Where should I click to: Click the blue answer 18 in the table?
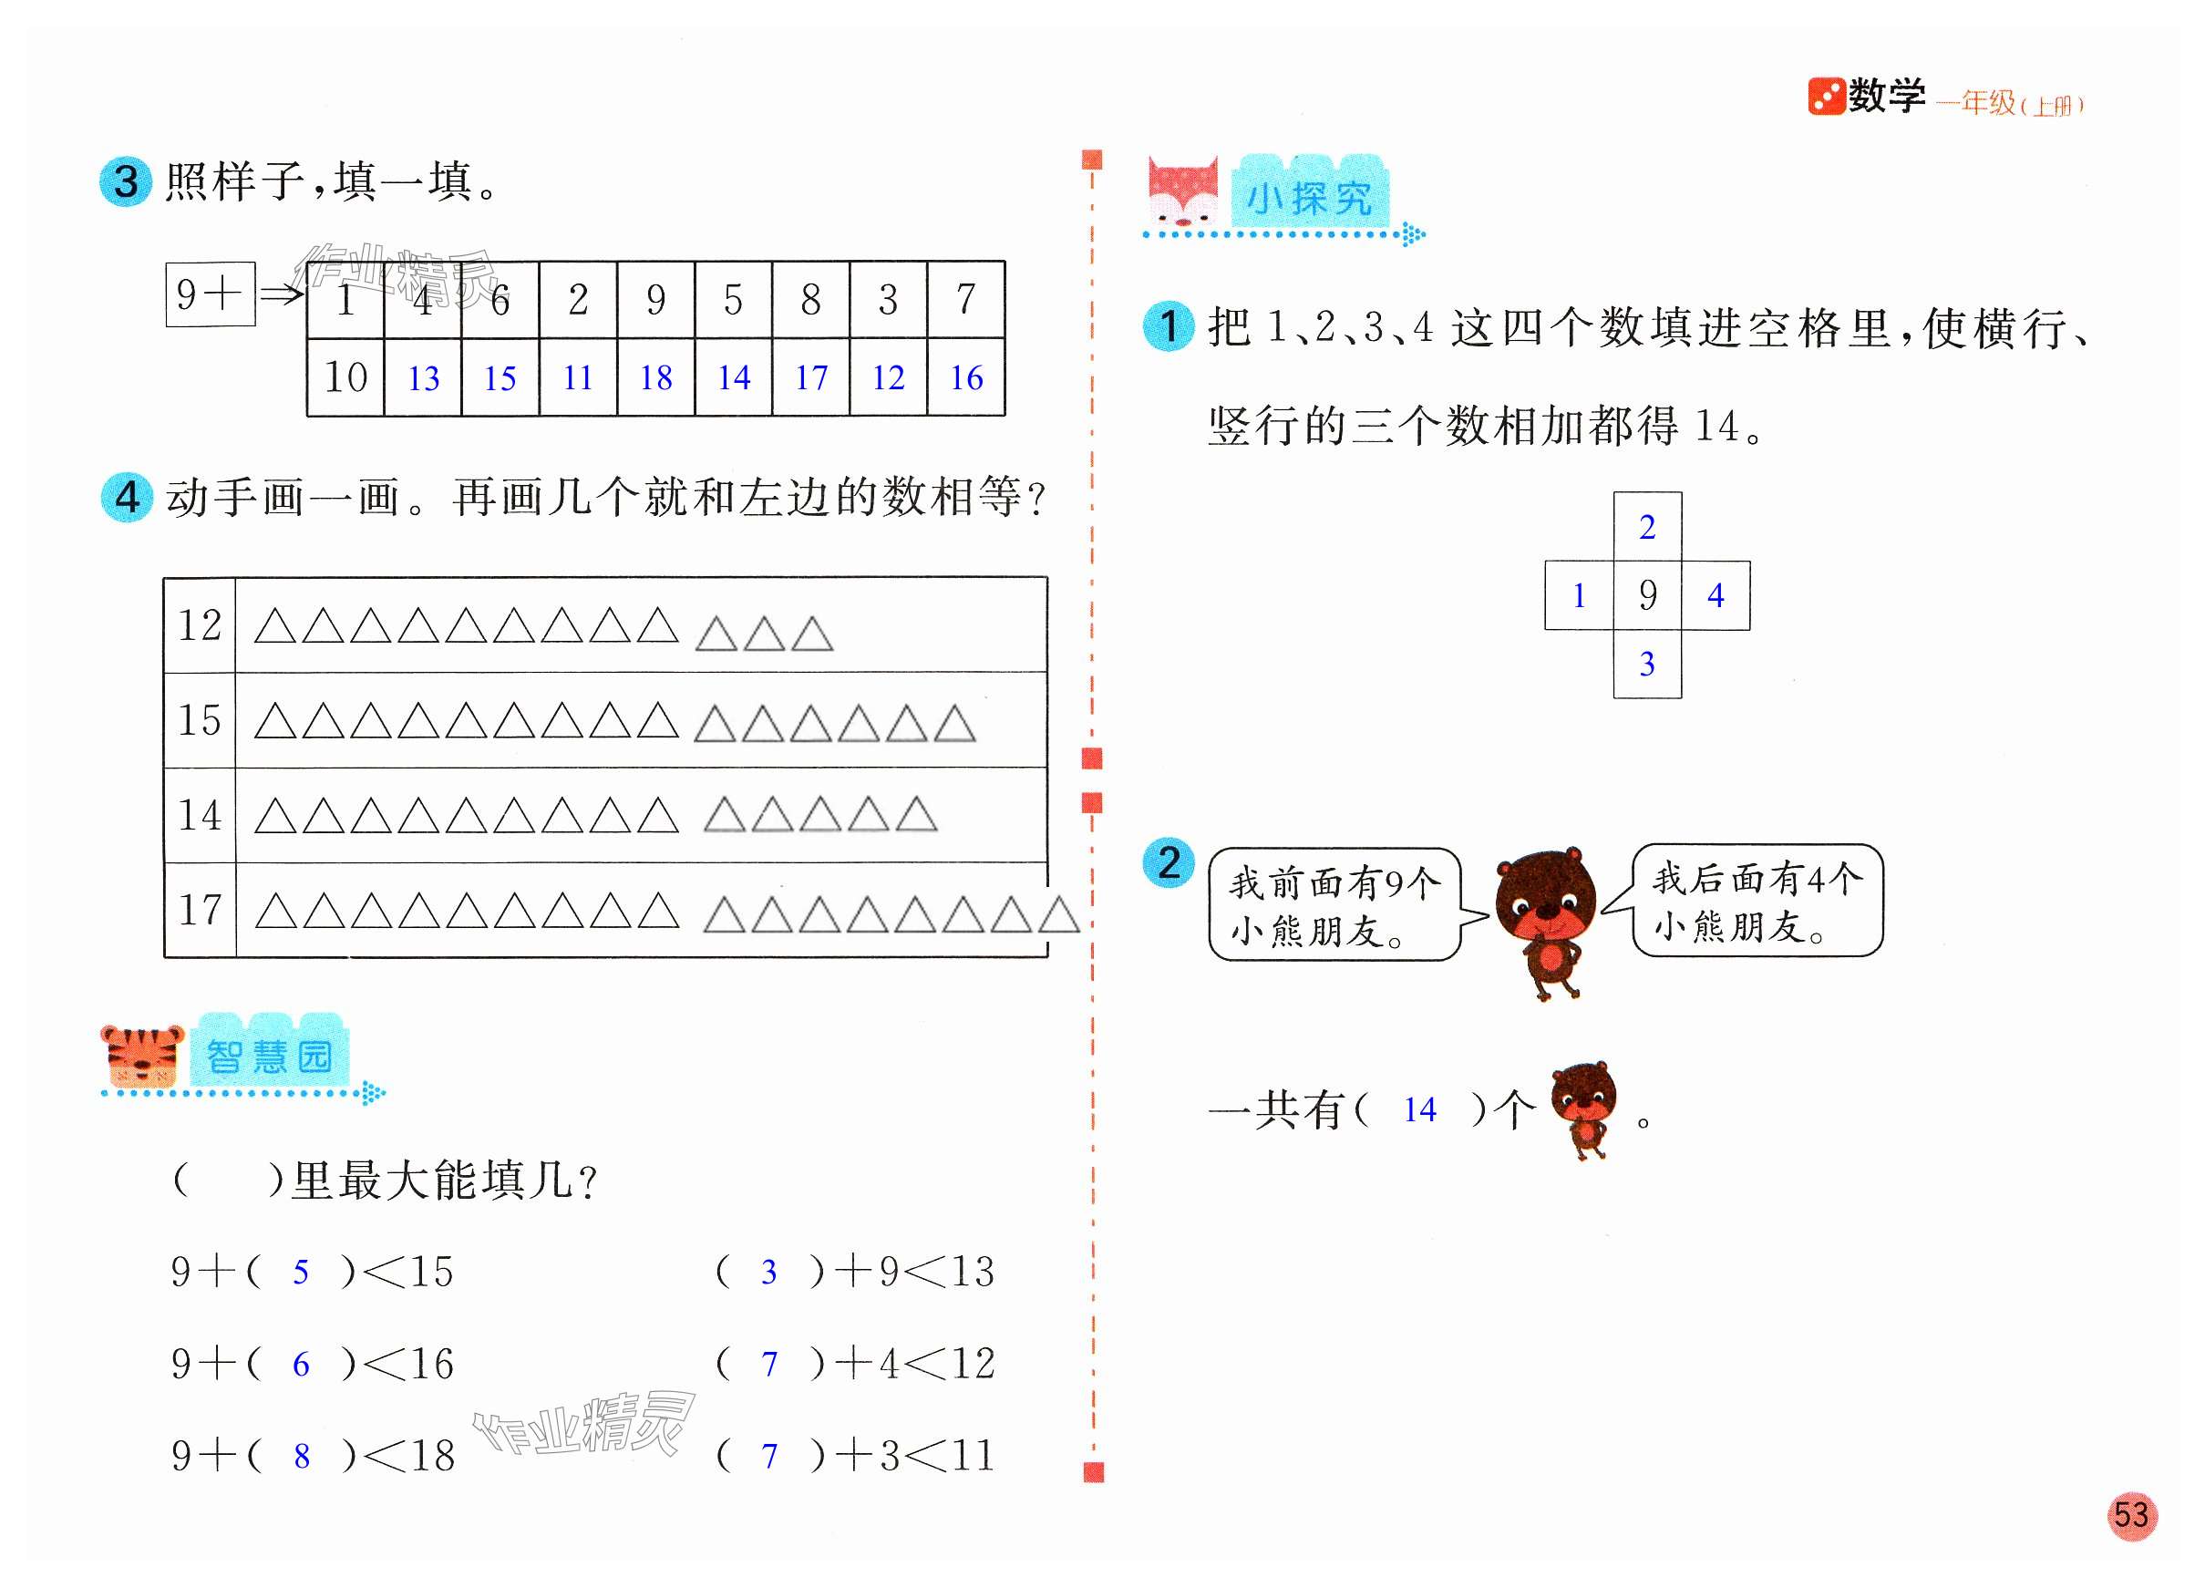click(655, 377)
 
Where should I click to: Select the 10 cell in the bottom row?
click(345, 377)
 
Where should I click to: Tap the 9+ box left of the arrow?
click(210, 294)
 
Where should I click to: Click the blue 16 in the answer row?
click(965, 377)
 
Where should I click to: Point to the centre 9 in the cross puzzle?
click(1647, 595)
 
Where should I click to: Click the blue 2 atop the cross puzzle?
click(1647, 527)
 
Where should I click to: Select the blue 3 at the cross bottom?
click(1647, 665)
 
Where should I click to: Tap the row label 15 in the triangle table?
click(200, 720)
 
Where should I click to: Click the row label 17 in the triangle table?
click(200, 910)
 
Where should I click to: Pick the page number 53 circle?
click(2131, 1515)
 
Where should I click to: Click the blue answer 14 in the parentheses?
click(1419, 1109)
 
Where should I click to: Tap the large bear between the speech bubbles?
click(1546, 920)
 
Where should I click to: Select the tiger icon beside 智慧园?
click(143, 1054)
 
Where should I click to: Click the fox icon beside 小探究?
click(1182, 192)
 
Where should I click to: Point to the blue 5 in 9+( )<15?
click(301, 1272)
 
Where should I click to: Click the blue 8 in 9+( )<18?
click(302, 1456)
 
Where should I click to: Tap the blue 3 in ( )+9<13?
click(768, 1272)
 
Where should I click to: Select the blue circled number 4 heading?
click(128, 498)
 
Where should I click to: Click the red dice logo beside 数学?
click(1826, 97)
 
